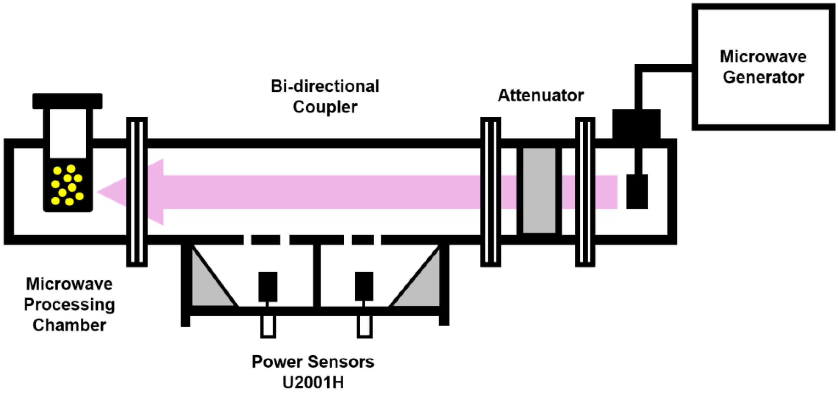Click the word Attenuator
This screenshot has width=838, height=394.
click(541, 95)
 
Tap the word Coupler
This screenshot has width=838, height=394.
click(325, 107)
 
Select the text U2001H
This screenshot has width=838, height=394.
click(313, 382)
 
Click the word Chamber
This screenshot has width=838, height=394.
click(69, 325)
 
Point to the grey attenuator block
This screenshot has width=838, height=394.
click(539, 191)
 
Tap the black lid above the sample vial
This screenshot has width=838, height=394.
click(67, 101)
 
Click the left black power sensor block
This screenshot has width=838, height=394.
click(268, 287)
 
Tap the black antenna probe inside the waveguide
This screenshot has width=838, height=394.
click(637, 191)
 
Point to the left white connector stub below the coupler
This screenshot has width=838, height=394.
click(268, 327)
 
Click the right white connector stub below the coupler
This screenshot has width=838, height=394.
click(364, 327)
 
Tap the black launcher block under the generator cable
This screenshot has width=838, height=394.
click(636, 124)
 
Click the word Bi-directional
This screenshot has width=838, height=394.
click(325, 87)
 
